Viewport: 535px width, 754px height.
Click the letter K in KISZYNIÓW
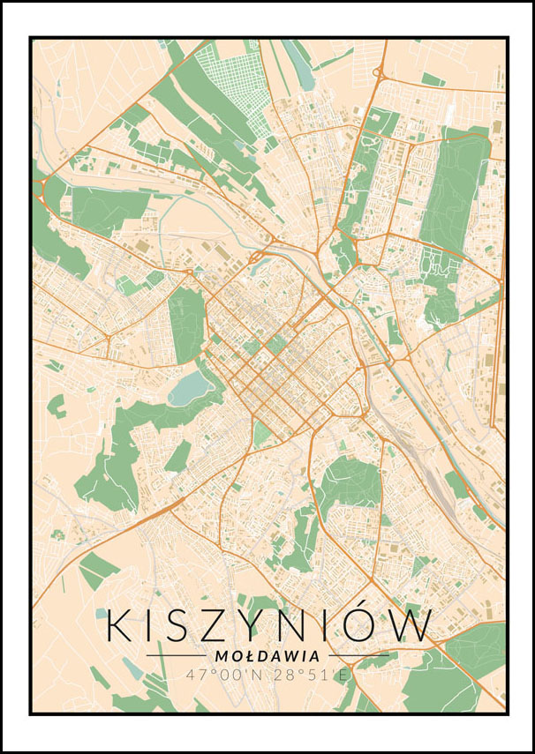point(120,625)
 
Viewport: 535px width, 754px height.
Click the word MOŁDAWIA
point(267,656)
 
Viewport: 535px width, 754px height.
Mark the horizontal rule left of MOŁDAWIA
point(177,656)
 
